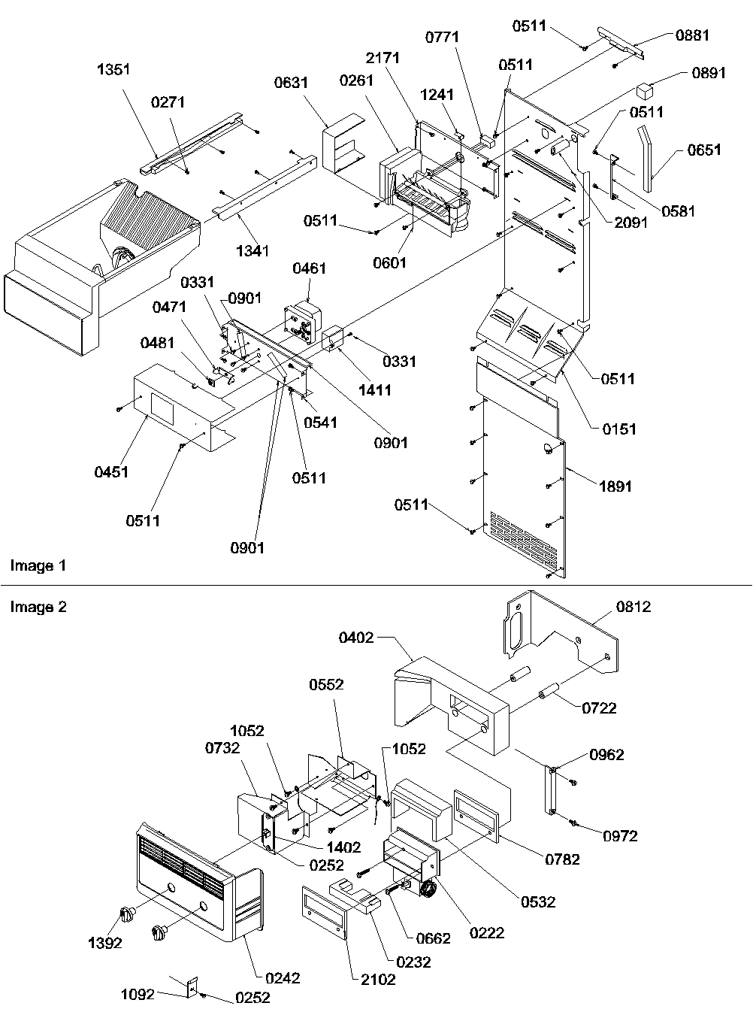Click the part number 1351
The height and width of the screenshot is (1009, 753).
pos(114,69)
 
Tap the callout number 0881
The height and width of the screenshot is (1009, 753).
pos(692,35)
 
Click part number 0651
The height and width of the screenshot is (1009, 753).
pos(704,150)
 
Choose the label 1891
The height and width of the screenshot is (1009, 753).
pos(615,486)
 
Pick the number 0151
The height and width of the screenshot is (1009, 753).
pos(619,429)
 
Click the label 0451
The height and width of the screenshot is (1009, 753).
pos(111,472)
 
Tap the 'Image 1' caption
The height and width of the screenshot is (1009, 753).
pos(38,565)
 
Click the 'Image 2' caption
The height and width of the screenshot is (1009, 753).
pos(38,607)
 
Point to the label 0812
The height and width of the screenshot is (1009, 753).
pos(634,607)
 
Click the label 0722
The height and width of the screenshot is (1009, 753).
pos(600,708)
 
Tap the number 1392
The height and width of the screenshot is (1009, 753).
pos(104,943)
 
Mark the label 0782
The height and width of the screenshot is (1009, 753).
pos(564,859)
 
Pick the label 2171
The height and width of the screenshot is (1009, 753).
pos(383,57)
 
